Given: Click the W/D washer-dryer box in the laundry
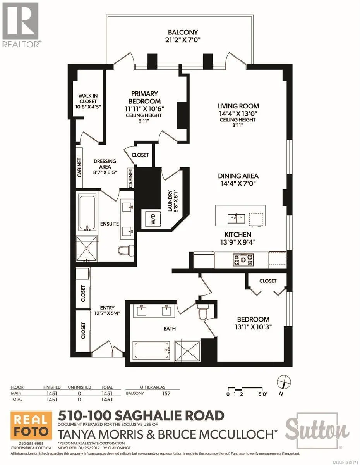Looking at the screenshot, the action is coord(153,219).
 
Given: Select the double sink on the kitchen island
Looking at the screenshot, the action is coord(236,219).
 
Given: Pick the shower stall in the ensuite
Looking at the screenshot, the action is coord(87,248).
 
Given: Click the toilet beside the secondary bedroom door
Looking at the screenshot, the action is coord(203,312).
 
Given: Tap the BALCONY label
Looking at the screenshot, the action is coord(183,33).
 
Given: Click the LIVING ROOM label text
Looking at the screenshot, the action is coord(238,106).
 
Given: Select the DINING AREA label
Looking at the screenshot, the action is coord(238,176).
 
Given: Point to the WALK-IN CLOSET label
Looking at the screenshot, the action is coord(87,98).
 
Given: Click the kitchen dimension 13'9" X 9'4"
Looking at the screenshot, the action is coord(238,242).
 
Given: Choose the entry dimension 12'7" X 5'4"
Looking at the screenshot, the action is coord(107,313).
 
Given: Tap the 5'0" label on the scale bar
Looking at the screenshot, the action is coord(263,394).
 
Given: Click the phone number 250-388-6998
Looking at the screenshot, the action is coord(31,442).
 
